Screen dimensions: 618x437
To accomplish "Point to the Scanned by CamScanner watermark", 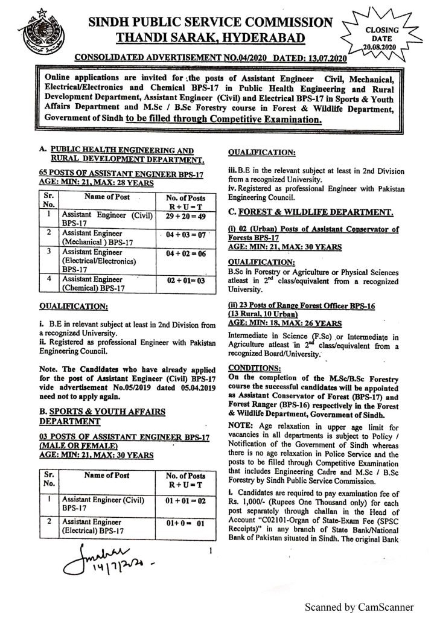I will pyautogui.click(x=359, y=606).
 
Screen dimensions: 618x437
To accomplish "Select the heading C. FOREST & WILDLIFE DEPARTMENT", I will pyautogui.click(x=311, y=212).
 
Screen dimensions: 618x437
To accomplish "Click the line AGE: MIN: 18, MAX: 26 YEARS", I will pyautogui.click(x=284, y=323).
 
